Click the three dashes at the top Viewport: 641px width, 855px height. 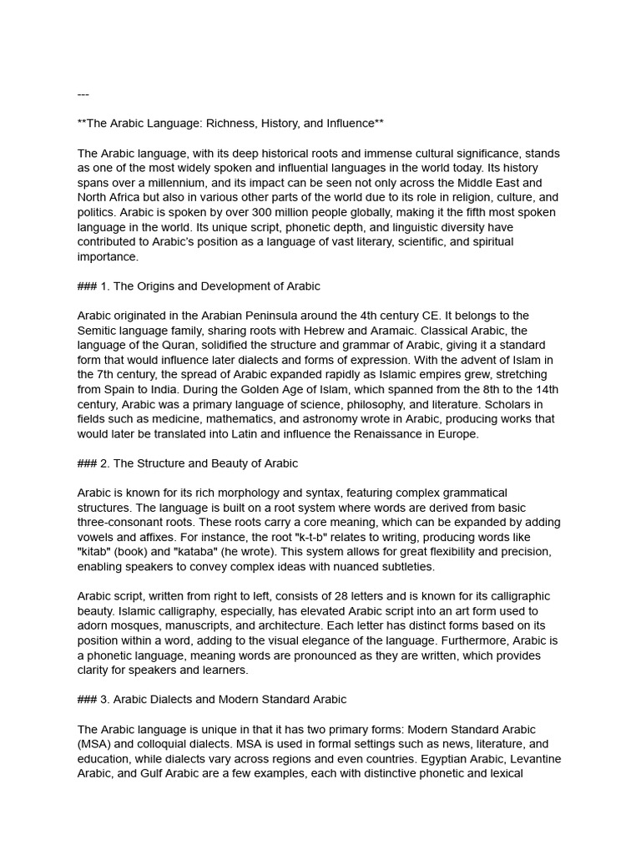tap(83, 94)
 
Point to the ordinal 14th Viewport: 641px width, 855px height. tap(544, 389)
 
